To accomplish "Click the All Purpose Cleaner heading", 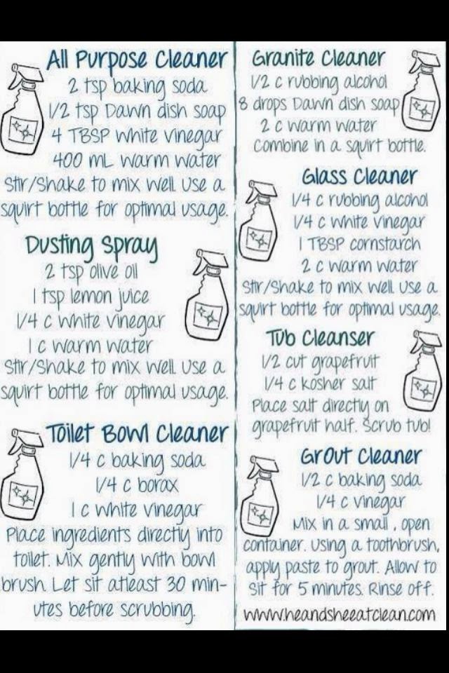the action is (136, 60).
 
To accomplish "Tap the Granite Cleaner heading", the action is (318, 58).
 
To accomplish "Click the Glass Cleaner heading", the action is (358, 177).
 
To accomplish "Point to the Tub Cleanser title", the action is (319, 338).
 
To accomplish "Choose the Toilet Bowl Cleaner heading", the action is (137, 433).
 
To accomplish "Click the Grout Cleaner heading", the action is (360, 456).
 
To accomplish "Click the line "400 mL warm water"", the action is (136, 161).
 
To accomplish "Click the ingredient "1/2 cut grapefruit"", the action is (321, 361).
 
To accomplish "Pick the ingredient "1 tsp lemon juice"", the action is (91, 297).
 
